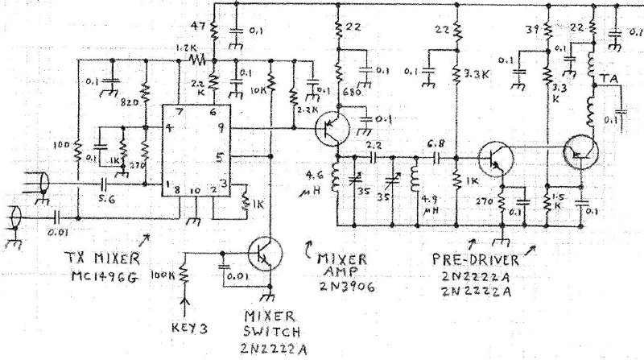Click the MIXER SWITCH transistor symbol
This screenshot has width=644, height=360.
(262, 254)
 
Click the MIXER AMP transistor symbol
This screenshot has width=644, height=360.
(329, 129)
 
